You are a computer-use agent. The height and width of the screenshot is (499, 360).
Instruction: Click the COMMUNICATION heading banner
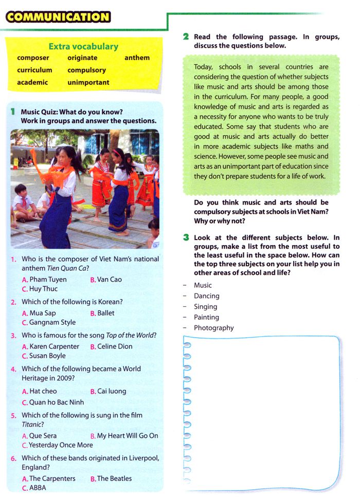point(58,17)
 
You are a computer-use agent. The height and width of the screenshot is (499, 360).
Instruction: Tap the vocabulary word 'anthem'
point(137,58)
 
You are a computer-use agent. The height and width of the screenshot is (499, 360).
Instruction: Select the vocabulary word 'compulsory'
point(86,70)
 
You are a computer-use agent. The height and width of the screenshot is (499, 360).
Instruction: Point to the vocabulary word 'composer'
point(33,58)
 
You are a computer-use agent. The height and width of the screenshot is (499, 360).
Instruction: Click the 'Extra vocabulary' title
point(83,46)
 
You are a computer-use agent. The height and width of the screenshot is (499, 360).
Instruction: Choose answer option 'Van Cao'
point(109,280)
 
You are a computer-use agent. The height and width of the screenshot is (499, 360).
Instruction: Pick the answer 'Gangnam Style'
point(52,322)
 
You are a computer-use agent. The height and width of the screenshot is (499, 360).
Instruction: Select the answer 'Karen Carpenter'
point(54,346)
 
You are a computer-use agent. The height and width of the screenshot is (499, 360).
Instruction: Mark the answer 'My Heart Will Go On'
point(128,435)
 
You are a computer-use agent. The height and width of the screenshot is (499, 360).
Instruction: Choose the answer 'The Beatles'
point(114,478)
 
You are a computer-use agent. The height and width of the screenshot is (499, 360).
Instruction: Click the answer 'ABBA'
point(38,488)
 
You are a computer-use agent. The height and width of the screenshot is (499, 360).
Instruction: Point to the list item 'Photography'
point(213,328)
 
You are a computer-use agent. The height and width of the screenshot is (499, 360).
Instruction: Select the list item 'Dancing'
point(206,296)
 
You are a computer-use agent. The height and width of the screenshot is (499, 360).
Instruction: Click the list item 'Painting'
point(206,317)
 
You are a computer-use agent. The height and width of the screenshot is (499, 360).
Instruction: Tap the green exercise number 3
point(186,237)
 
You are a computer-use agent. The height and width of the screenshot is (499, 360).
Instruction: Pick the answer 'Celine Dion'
point(115,346)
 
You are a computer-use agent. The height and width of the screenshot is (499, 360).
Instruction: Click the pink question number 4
point(13,369)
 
